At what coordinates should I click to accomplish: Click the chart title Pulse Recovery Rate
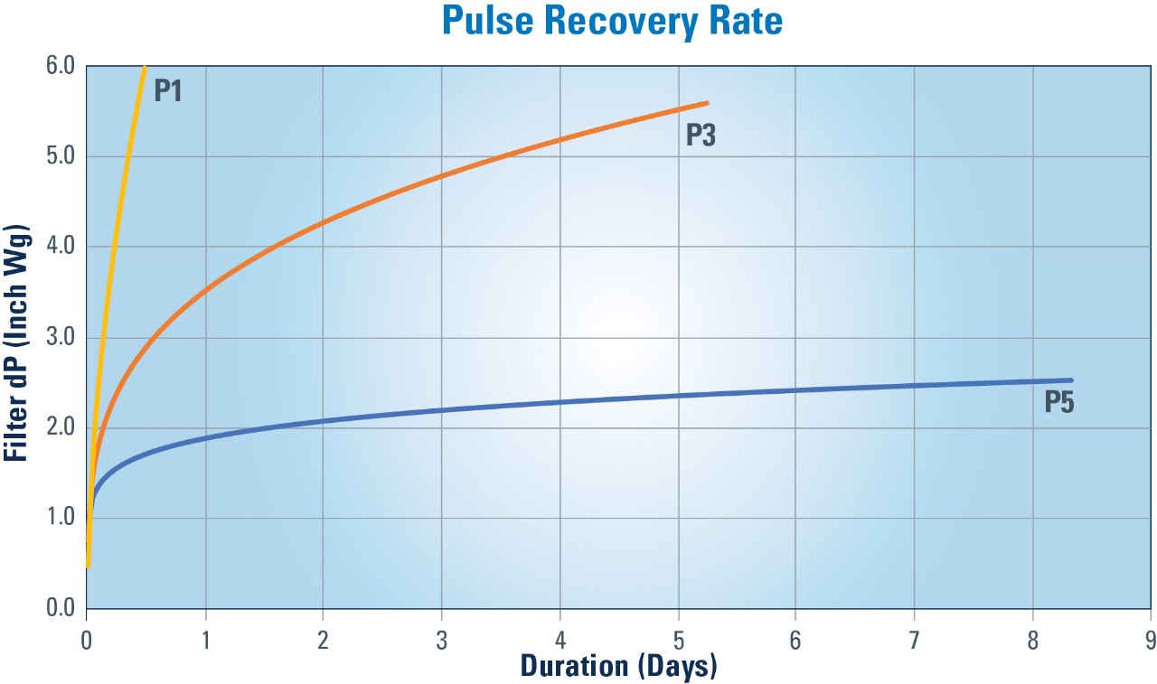click(x=612, y=22)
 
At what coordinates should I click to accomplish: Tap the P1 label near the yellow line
click(x=168, y=90)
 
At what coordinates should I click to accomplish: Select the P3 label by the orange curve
click(x=701, y=135)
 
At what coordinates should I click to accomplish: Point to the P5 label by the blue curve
click(x=1058, y=402)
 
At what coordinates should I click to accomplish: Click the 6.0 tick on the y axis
click(x=61, y=67)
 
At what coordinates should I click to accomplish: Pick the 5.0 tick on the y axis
click(x=61, y=157)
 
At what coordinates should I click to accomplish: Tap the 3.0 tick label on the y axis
click(x=61, y=338)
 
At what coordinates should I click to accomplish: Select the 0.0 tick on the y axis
click(x=61, y=608)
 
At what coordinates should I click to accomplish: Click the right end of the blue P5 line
click(x=1071, y=380)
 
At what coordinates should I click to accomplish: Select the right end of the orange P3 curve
click(x=707, y=103)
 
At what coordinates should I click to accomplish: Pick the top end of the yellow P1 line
click(x=145, y=68)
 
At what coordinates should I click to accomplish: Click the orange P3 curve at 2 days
click(x=323, y=222)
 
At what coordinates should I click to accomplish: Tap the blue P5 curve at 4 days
click(x=560, y=402)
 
